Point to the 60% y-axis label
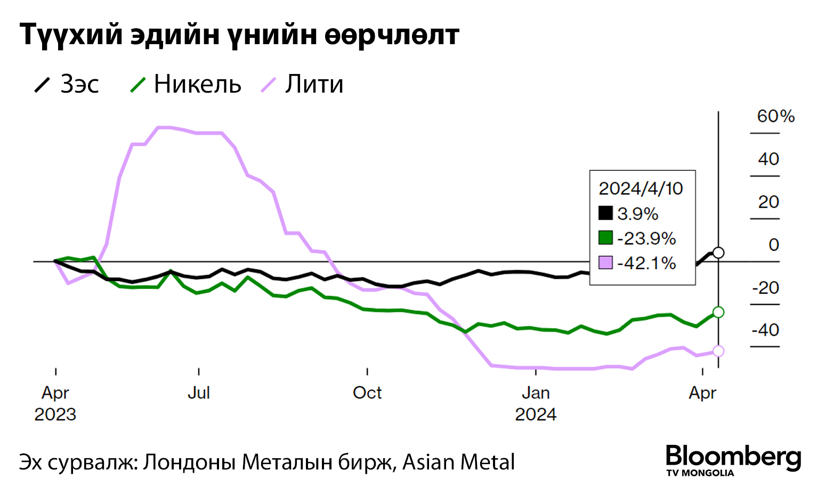[775, 117]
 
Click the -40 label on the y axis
[765, 330]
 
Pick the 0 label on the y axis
[774, 245]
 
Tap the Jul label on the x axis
[199, 393]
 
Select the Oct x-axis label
[367, 393]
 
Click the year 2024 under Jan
[536, 414]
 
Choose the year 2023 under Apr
[55, 414]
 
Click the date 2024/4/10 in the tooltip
[641, 188]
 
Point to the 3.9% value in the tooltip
[638, 214]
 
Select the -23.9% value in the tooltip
[646, 238]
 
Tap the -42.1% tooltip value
[646, 263]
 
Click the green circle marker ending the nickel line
[718, 312]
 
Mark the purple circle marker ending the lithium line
[718, 351]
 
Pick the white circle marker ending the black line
[718, 252]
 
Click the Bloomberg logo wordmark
[733, 457]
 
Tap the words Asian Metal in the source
[459, 462]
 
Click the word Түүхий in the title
[71, 35]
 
